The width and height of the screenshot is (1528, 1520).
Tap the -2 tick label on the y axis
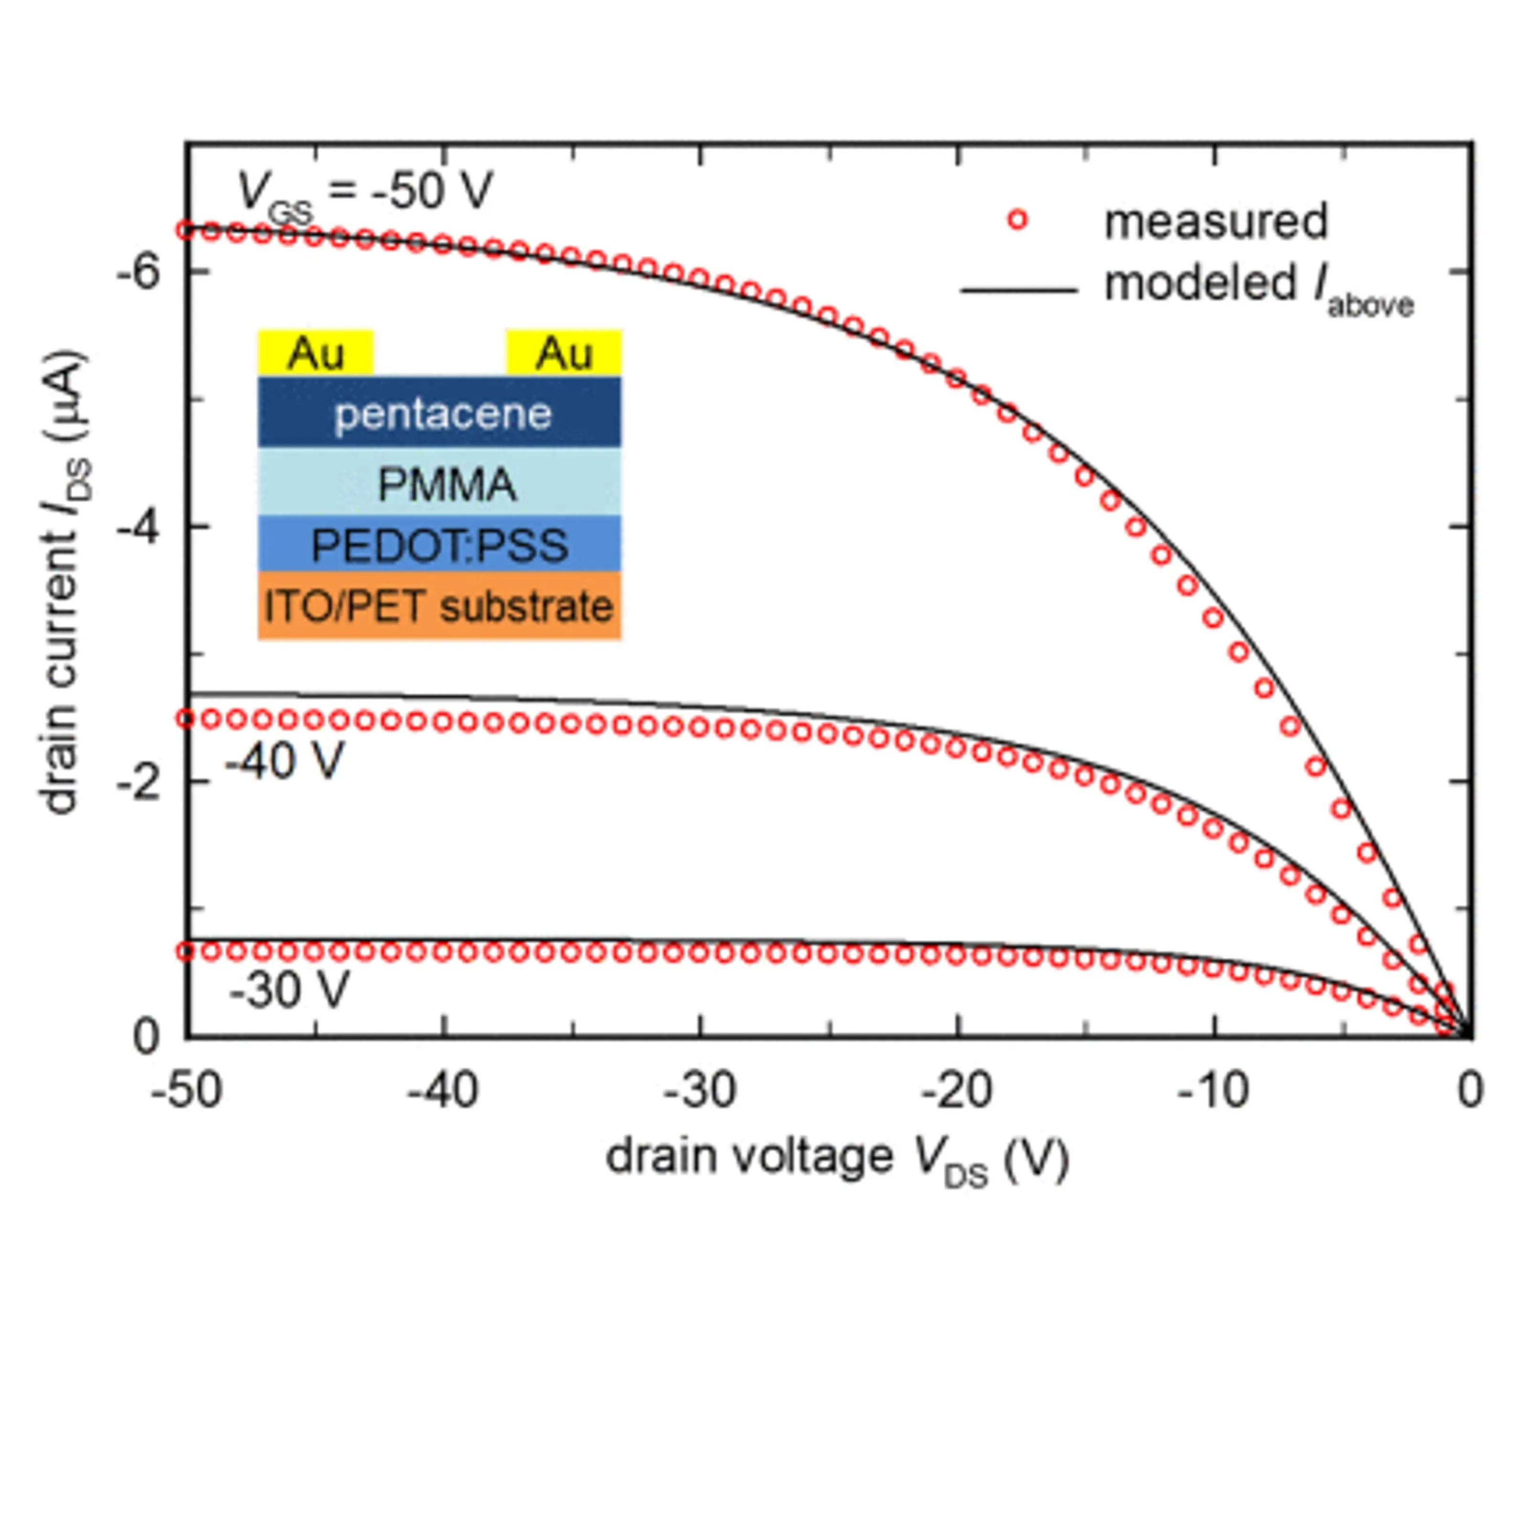coord(138,783)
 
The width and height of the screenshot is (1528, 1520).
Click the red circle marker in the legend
coord(1018,221)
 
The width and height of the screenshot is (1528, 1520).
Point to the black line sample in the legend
coord(1019,290)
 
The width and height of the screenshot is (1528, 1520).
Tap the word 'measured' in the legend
coord(1216,222)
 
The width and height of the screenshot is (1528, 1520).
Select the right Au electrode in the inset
coord(563,353)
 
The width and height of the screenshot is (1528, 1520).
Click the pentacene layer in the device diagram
coord(440,413)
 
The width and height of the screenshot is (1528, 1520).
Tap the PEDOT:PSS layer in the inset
coord(440,545)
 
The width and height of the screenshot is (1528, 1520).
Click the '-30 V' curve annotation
coord(289,989)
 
